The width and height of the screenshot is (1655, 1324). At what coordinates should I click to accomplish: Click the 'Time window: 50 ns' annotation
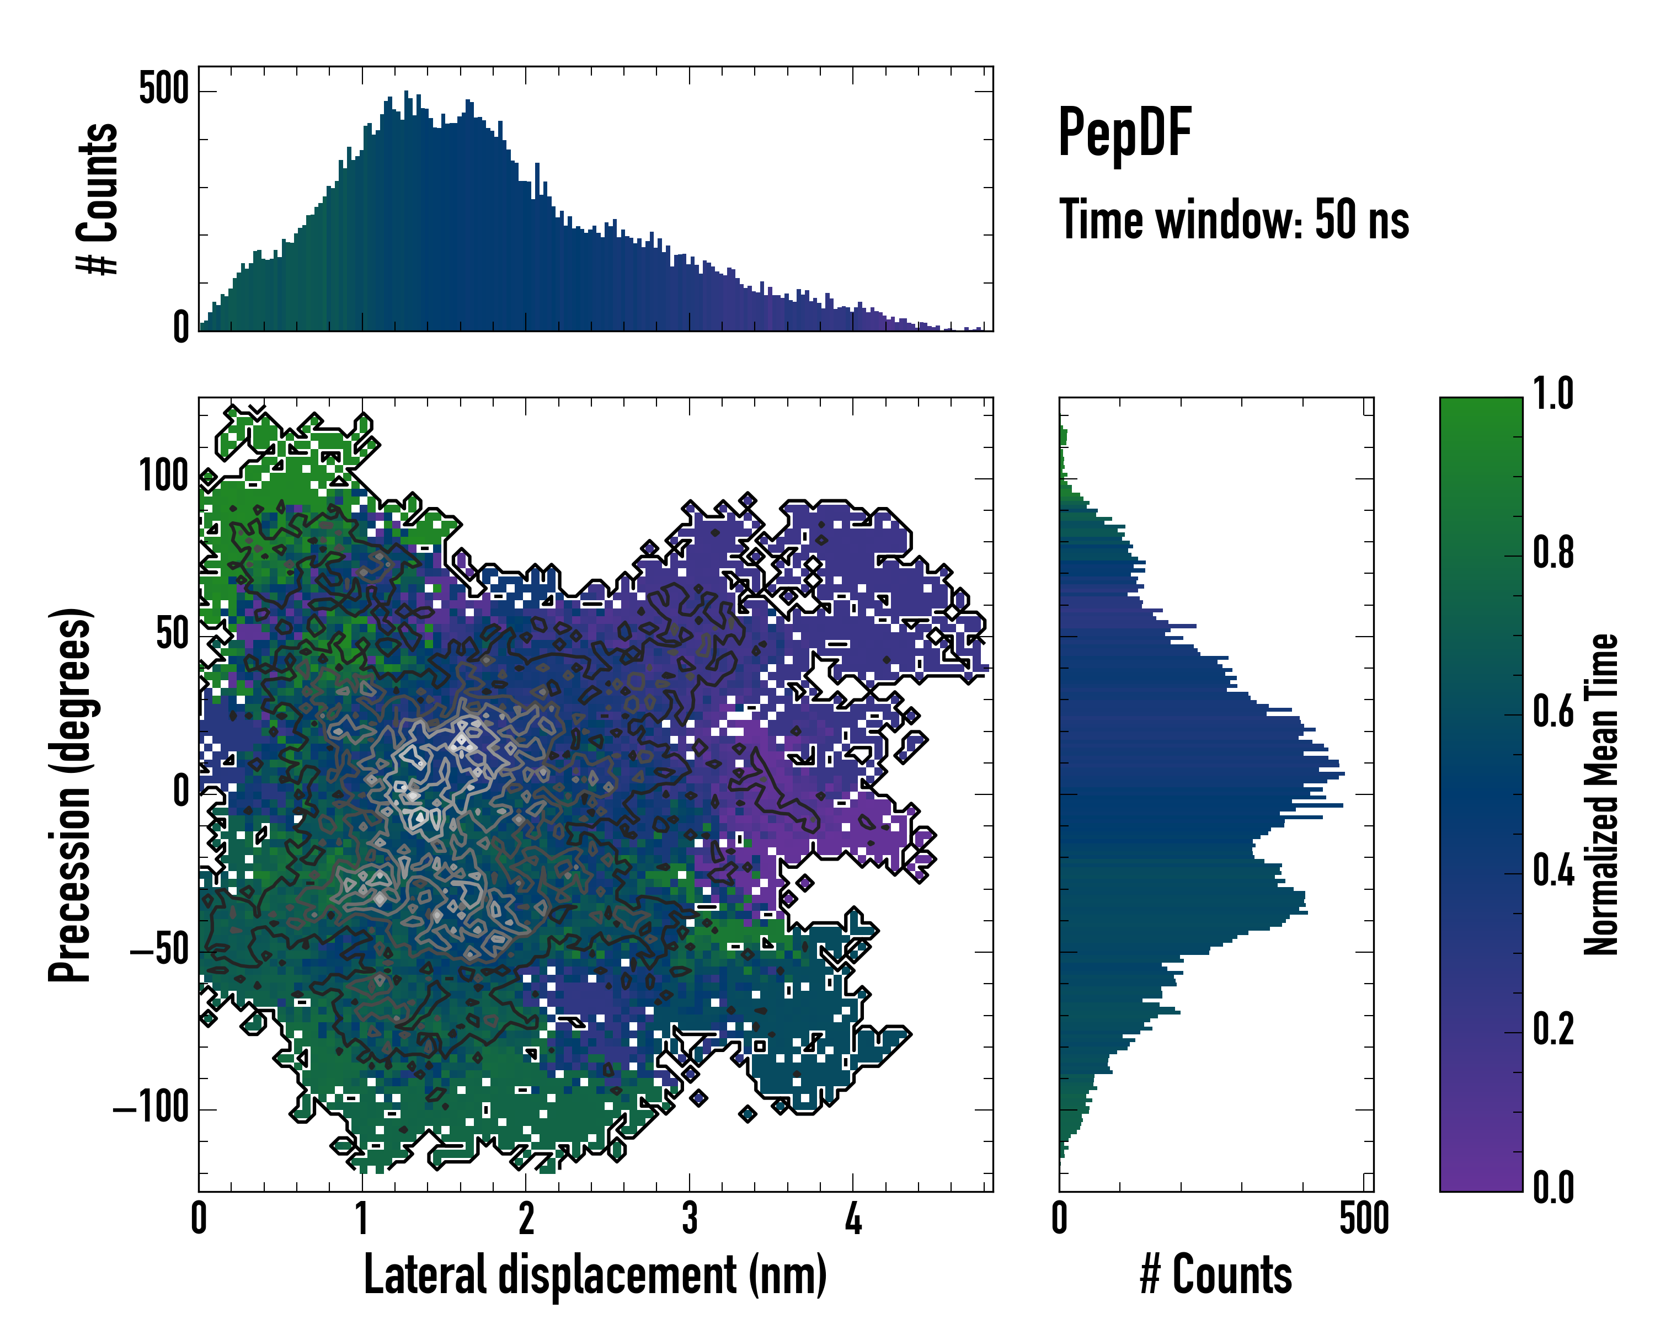1234,220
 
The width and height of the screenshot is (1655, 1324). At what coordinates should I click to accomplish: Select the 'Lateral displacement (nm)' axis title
595,1275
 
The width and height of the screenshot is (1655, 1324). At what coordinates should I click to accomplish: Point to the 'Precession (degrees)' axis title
71,794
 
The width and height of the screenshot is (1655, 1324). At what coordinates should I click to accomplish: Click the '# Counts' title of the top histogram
98,198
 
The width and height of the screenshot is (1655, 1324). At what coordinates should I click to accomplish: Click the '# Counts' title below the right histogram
1216,1275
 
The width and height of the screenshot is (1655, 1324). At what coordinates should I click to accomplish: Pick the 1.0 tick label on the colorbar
1553,394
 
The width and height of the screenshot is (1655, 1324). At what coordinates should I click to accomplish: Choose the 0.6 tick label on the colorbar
1553,712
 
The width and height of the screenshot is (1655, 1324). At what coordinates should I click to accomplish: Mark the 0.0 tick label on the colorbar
1553,1187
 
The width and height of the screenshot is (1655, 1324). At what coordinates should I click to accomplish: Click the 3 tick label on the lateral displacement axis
690,1218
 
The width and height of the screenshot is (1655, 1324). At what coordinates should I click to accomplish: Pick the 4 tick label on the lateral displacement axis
853,1218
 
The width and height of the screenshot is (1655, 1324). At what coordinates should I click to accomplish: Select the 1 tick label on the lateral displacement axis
361,1218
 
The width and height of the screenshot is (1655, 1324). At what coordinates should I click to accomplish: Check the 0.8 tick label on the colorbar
1553,553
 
